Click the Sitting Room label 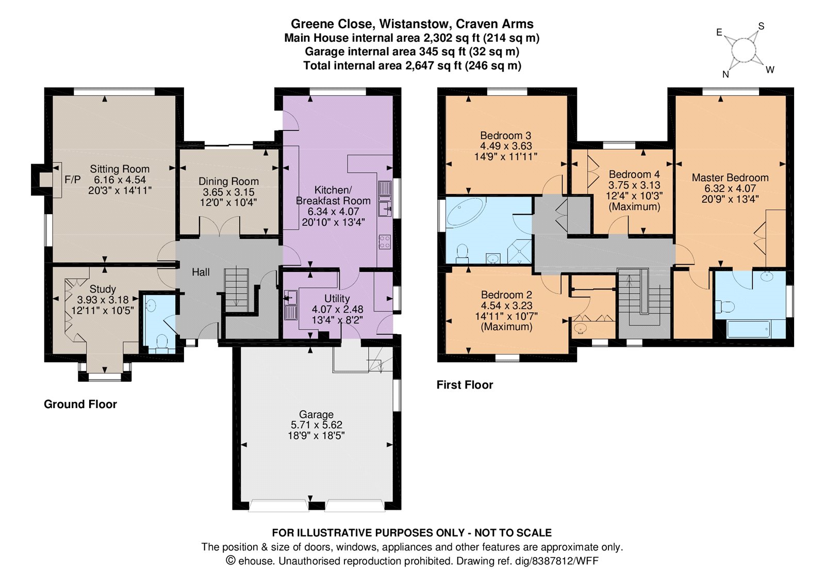120,169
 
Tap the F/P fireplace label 73,180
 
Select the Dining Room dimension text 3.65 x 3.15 228,192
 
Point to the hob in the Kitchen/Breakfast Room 385,242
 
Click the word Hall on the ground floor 201,272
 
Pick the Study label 103,289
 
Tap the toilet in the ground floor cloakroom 161,342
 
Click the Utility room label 337,298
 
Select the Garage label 317,415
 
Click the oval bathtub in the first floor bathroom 465,212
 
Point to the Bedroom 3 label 506,136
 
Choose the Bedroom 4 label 634,174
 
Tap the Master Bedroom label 730,177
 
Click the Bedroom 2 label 506,295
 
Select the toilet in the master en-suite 724,306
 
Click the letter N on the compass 725,74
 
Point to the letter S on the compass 761,26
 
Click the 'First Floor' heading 465,385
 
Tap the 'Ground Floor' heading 80,404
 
